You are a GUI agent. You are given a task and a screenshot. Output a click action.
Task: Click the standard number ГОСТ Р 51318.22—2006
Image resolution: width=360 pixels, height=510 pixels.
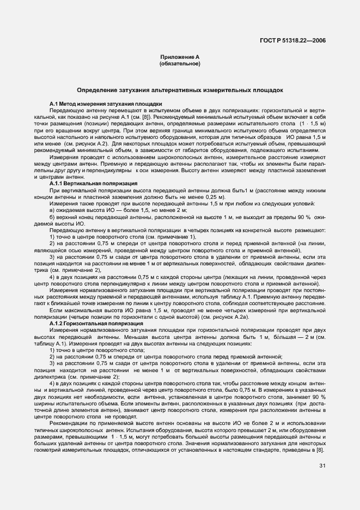click(x=293, y=40)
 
